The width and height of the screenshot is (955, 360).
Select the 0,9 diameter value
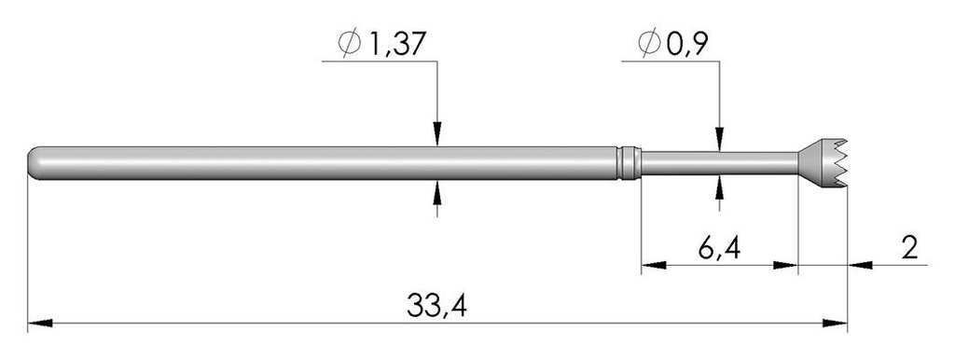click(685, 44)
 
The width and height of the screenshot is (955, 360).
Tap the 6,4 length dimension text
click(719, 248)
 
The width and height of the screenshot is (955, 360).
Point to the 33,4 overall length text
click(436, 306)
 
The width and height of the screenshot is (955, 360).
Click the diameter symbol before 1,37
click(351, 43)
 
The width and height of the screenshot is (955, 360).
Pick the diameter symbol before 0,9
click(649, 43)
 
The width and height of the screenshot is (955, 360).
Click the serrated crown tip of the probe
click(823, 162)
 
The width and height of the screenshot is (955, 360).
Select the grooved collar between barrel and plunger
click(629, 162)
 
